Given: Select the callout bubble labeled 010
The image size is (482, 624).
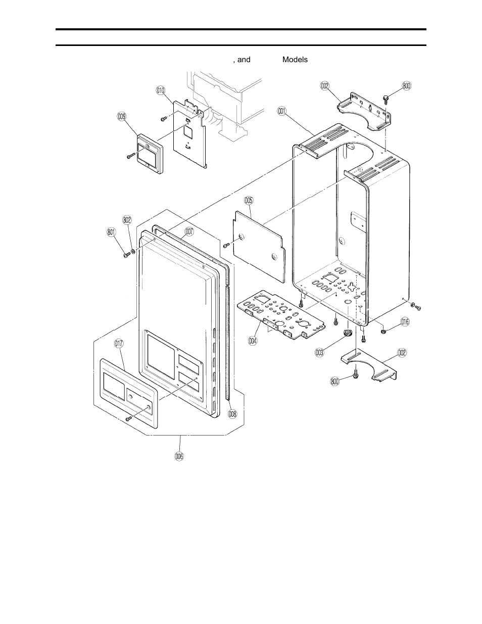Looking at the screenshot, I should tap(161, 90).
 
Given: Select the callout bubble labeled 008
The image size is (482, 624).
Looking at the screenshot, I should tap(231, 413).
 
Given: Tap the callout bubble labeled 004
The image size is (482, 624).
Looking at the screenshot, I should tap(253, 340).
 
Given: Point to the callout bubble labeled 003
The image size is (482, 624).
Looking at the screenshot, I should tap(319, 353).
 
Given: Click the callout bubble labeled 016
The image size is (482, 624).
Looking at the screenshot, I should tap(405, 321).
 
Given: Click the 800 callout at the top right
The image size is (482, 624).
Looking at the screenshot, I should tap(406, 86).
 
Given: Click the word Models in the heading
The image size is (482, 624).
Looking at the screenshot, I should tap(295, 60).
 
